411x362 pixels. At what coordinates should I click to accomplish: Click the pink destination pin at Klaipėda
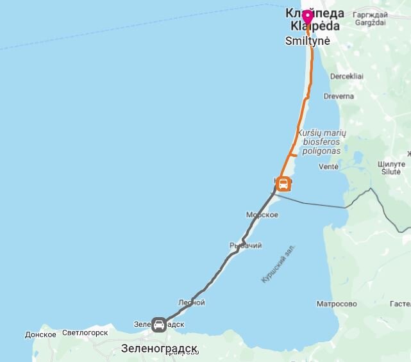tap(308, 17)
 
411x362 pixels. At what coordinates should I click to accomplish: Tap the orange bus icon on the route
tap(283, 185)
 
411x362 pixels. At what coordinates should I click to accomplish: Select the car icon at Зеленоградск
tap(159, 324)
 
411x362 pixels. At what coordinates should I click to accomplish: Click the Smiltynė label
tap(307, 40)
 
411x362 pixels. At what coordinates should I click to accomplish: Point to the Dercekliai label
tap(347, 76)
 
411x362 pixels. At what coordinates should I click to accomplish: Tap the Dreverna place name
tap(339, 96)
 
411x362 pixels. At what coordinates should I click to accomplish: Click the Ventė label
tap(328, 167)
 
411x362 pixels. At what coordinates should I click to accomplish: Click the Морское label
tap(262, 215)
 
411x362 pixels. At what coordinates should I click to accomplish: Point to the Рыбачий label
tap(246, 245)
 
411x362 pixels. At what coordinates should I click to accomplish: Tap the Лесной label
tap(192, 302)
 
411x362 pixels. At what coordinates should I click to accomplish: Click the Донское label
tap(40, 334)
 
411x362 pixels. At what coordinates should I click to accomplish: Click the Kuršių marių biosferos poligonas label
tap(321, 142)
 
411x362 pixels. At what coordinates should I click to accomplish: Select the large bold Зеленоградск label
tap(160, 349)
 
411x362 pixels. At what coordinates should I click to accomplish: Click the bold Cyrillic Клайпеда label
tap(315, 13)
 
